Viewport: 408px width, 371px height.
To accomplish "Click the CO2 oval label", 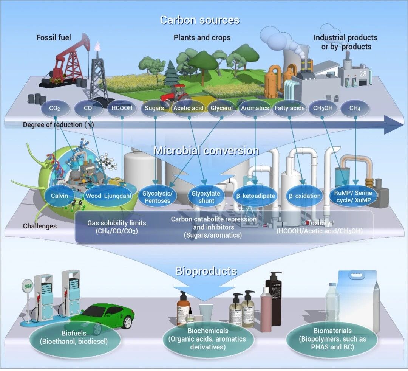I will (x=54, y=108).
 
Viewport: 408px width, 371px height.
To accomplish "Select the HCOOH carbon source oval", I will (x=122, y=108).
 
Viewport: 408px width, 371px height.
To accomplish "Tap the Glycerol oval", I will (x=222, y=108).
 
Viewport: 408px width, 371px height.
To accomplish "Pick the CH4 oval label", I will (x=355, y=108).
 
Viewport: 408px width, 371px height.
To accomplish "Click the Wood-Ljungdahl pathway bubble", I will (x=108, y=196).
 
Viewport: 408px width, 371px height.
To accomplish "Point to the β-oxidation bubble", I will (x=304, y=196).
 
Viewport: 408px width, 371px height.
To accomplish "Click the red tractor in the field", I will (x=174, y=94).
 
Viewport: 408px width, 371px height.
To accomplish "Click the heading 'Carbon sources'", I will (x=199, y=20).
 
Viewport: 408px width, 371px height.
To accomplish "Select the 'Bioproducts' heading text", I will (x=206, y=271).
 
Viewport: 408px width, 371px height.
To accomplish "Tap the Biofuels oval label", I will (x=74, y=337).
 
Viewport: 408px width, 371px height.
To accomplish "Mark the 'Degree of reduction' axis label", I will (x=58, y=125).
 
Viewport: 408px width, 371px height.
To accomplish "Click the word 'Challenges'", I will (x=40, y=226).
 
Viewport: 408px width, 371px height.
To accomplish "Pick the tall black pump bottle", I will (x=274, y=299).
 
